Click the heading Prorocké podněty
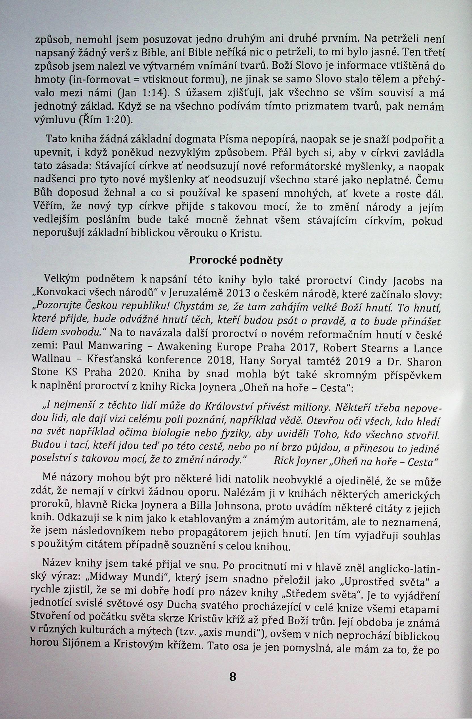click(x=236, y=260)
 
